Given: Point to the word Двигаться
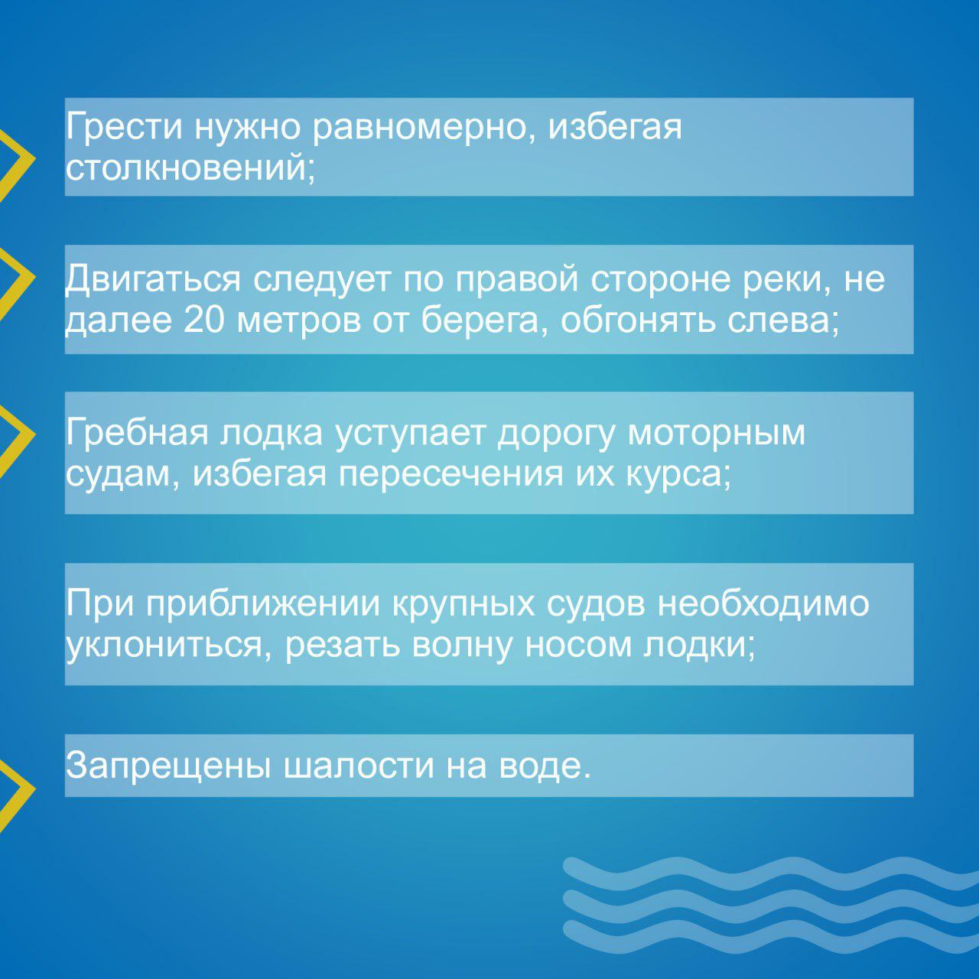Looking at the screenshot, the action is coord(153,279).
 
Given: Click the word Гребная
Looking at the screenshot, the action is coord(137,433).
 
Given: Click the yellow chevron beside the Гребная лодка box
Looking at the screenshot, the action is coord(18,434).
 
